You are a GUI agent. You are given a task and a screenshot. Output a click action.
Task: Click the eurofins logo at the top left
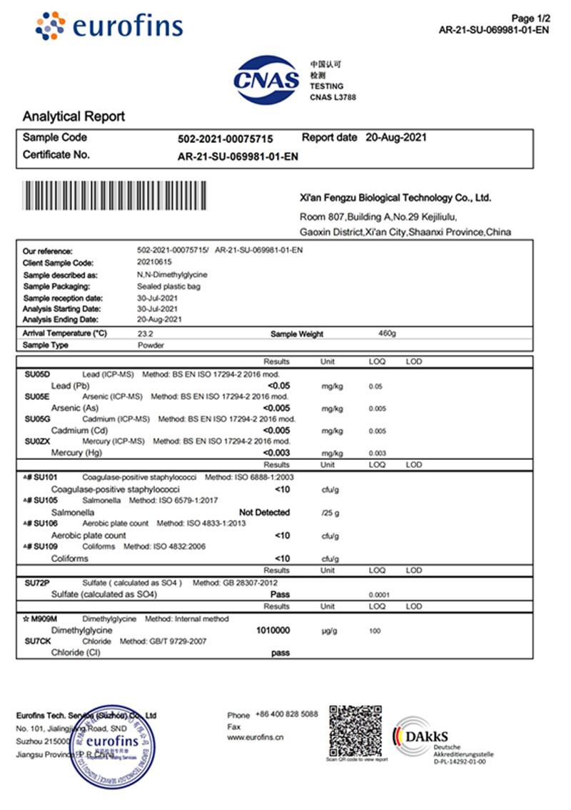click(108, 26)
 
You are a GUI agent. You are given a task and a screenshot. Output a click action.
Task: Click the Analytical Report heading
click(74, 116)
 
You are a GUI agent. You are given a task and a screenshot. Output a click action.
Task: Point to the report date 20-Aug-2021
click(395, 137)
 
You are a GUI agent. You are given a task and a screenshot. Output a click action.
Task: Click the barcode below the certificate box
click(115, 194)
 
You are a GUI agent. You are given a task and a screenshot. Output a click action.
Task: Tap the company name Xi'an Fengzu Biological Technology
click(395, 198)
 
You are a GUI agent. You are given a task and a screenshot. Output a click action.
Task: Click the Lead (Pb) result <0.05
click(277, 386)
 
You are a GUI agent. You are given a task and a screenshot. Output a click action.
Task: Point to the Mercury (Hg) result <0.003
click(277, 453)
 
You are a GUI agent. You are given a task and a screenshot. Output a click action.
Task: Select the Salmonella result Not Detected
click(264, 512)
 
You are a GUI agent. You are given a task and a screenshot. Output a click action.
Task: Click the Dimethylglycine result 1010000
click(273, 631)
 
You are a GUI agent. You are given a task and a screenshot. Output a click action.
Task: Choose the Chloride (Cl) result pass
click(281, 653)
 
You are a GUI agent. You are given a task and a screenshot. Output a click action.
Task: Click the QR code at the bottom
click(357, 732)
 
